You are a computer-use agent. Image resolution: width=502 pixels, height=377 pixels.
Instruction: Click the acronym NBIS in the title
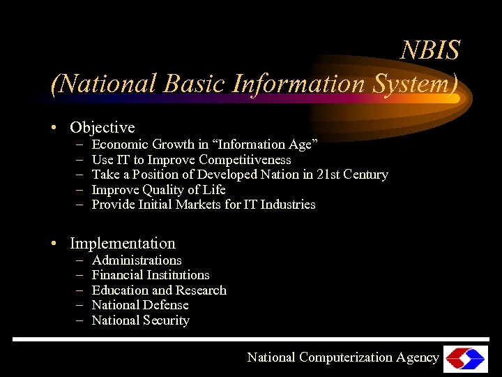431,50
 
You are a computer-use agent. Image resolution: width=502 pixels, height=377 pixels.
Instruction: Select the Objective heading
102,128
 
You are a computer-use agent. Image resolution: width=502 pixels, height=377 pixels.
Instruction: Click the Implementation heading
123,244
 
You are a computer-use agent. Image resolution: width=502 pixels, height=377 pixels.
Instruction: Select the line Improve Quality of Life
158,190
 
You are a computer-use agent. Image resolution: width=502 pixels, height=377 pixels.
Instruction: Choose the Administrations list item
137,260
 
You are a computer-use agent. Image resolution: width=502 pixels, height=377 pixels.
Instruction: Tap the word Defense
165,305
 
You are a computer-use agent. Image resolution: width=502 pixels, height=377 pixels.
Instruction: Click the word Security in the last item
166,320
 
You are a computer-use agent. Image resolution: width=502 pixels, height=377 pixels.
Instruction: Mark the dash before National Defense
79,305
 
